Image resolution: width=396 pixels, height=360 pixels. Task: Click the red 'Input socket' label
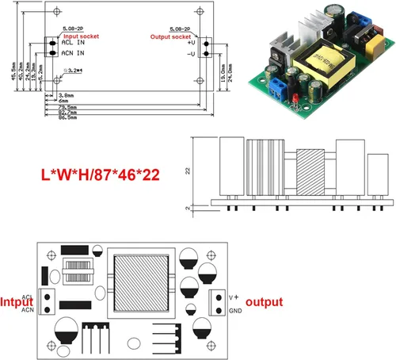pos(80,36)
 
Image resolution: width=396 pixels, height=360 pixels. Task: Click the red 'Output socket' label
pos(170,36)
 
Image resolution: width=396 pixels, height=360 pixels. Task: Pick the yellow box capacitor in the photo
pos(366,37)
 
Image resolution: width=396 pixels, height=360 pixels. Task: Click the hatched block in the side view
pos(306,170)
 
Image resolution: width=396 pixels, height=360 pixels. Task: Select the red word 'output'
pos(265,302)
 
